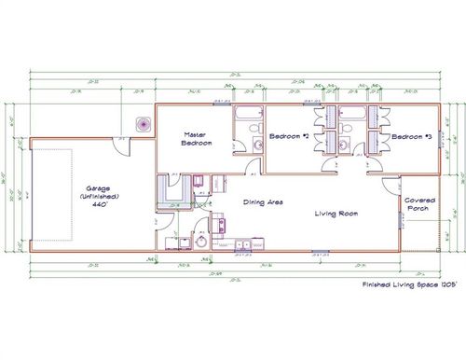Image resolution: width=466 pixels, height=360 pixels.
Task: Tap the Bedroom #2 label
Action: point(289,137)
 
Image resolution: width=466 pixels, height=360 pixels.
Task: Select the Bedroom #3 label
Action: point(411,137)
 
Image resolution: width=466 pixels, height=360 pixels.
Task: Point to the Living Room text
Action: point(336,214)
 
